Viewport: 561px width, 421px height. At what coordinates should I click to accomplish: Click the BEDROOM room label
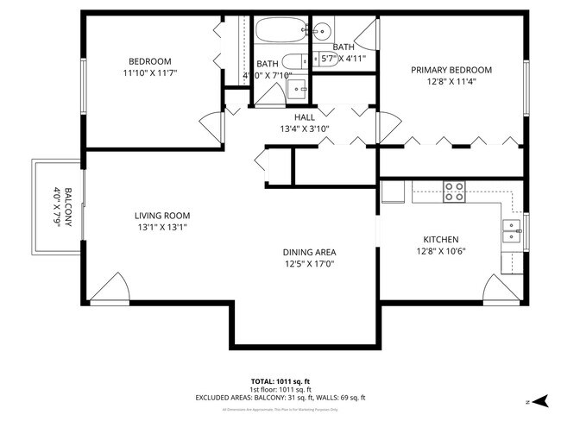(149, 61)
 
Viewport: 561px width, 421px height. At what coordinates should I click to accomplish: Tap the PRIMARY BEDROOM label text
(451, 70)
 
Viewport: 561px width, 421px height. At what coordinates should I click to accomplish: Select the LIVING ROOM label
(161, 216)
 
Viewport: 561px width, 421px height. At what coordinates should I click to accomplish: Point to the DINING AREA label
(309, 252)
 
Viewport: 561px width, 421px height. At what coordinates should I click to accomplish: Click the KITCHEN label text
(440, 240)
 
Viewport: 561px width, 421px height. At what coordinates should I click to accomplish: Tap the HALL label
(305, 116)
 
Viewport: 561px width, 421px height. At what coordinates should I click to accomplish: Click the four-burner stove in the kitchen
(454, 191)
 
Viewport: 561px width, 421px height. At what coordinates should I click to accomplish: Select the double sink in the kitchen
(512, 231)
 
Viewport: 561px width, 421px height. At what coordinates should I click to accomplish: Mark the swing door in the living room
(110, 290)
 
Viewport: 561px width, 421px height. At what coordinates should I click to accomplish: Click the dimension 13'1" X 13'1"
(161, 228)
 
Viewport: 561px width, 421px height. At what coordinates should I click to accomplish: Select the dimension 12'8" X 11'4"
(451, 82)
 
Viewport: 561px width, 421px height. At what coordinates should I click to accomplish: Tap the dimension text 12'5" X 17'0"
(309, 264)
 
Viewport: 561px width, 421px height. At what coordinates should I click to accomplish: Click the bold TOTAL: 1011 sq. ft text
(280, 380)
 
